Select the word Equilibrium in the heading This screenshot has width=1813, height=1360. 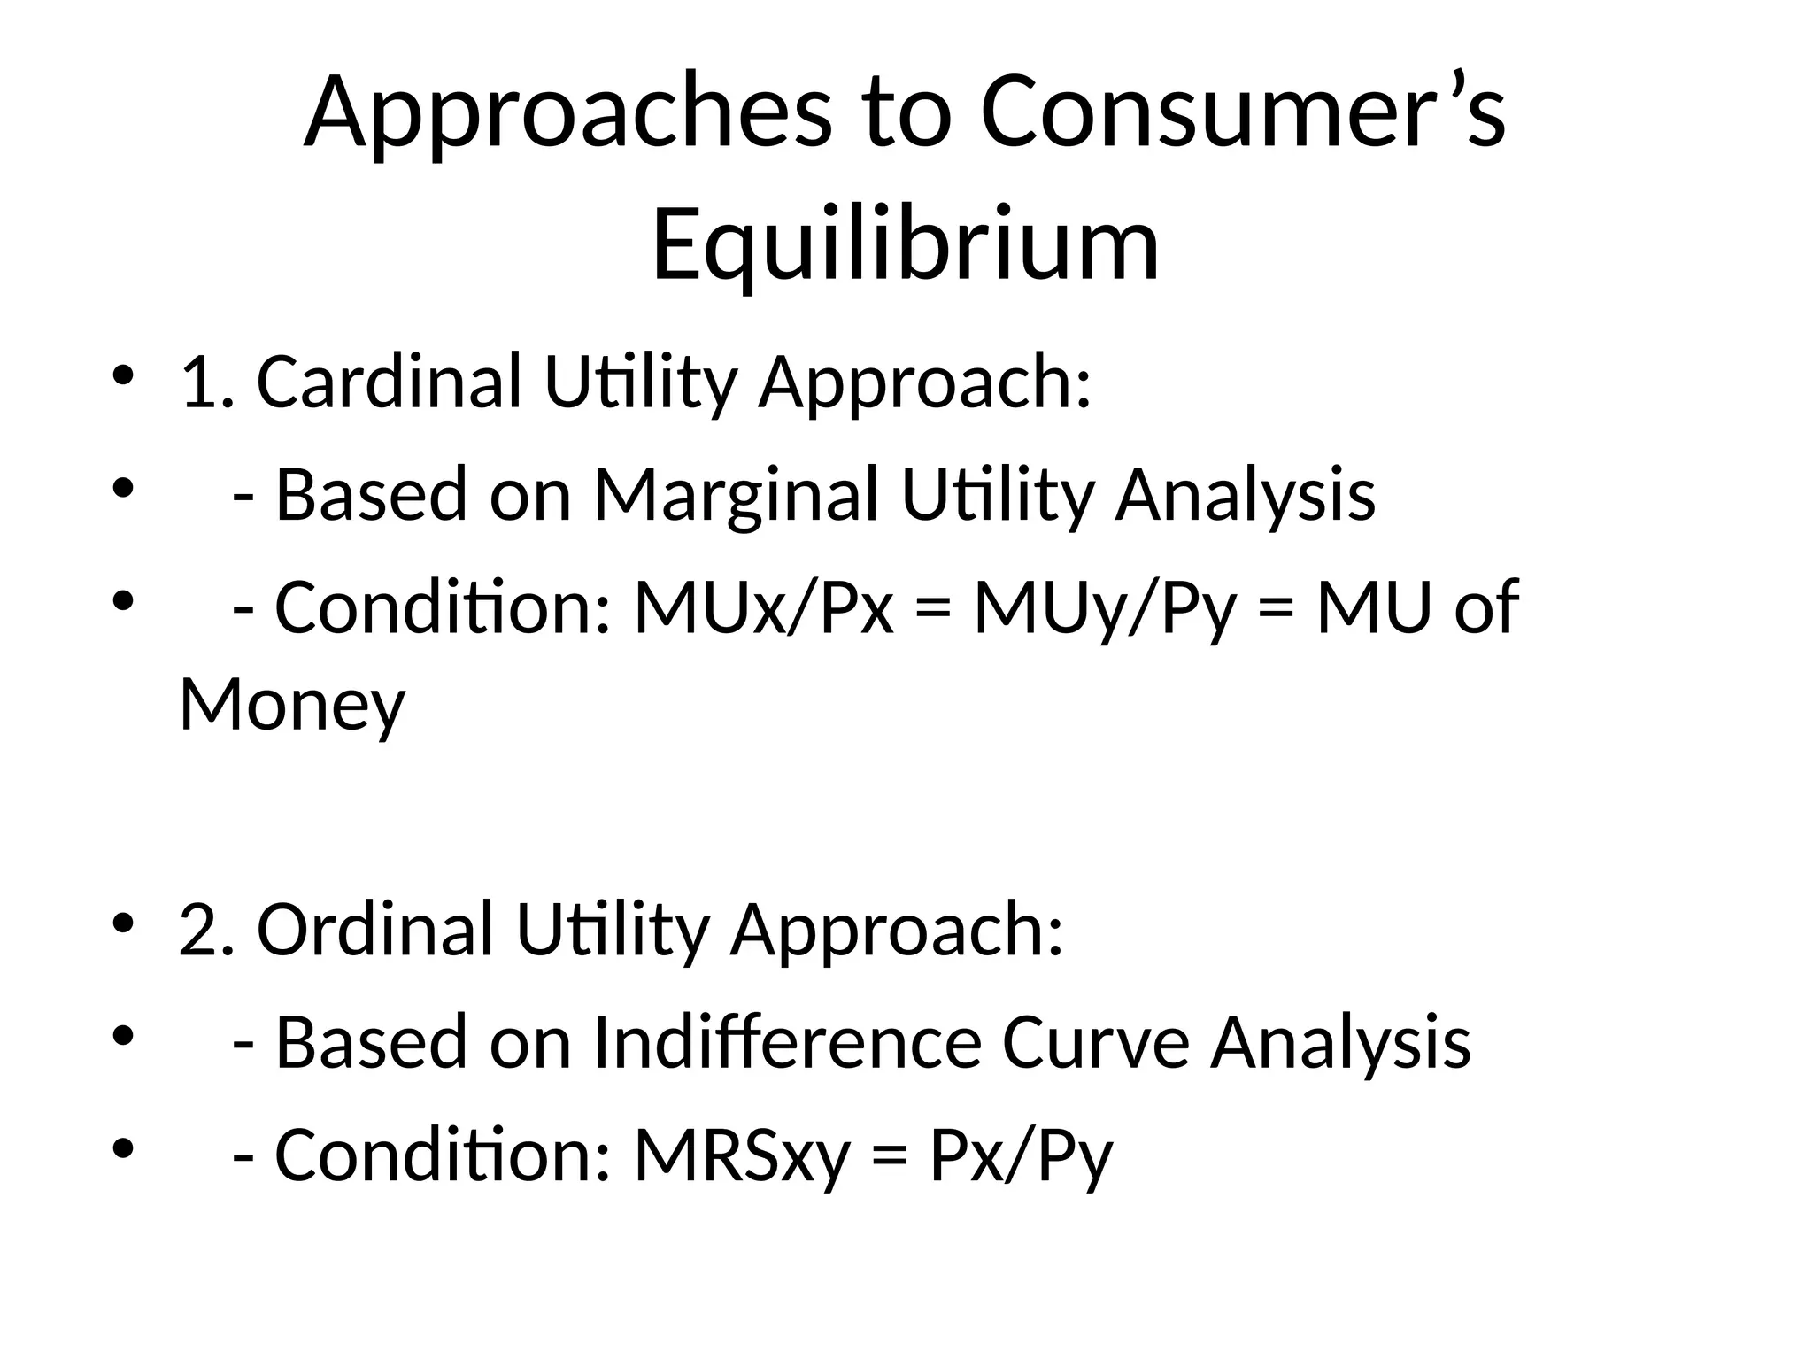[906, 244]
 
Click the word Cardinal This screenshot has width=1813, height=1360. [389, 382]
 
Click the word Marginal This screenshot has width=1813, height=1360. [736, 495]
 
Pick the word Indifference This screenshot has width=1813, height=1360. [787, 1043]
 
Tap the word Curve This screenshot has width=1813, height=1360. [1096, 1043]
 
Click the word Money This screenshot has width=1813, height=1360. [292, 705]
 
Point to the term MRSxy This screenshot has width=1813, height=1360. [742, 1155]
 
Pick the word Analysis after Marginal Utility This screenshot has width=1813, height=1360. [1245, 495]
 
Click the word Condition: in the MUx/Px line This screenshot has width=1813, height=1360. [443, 608]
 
